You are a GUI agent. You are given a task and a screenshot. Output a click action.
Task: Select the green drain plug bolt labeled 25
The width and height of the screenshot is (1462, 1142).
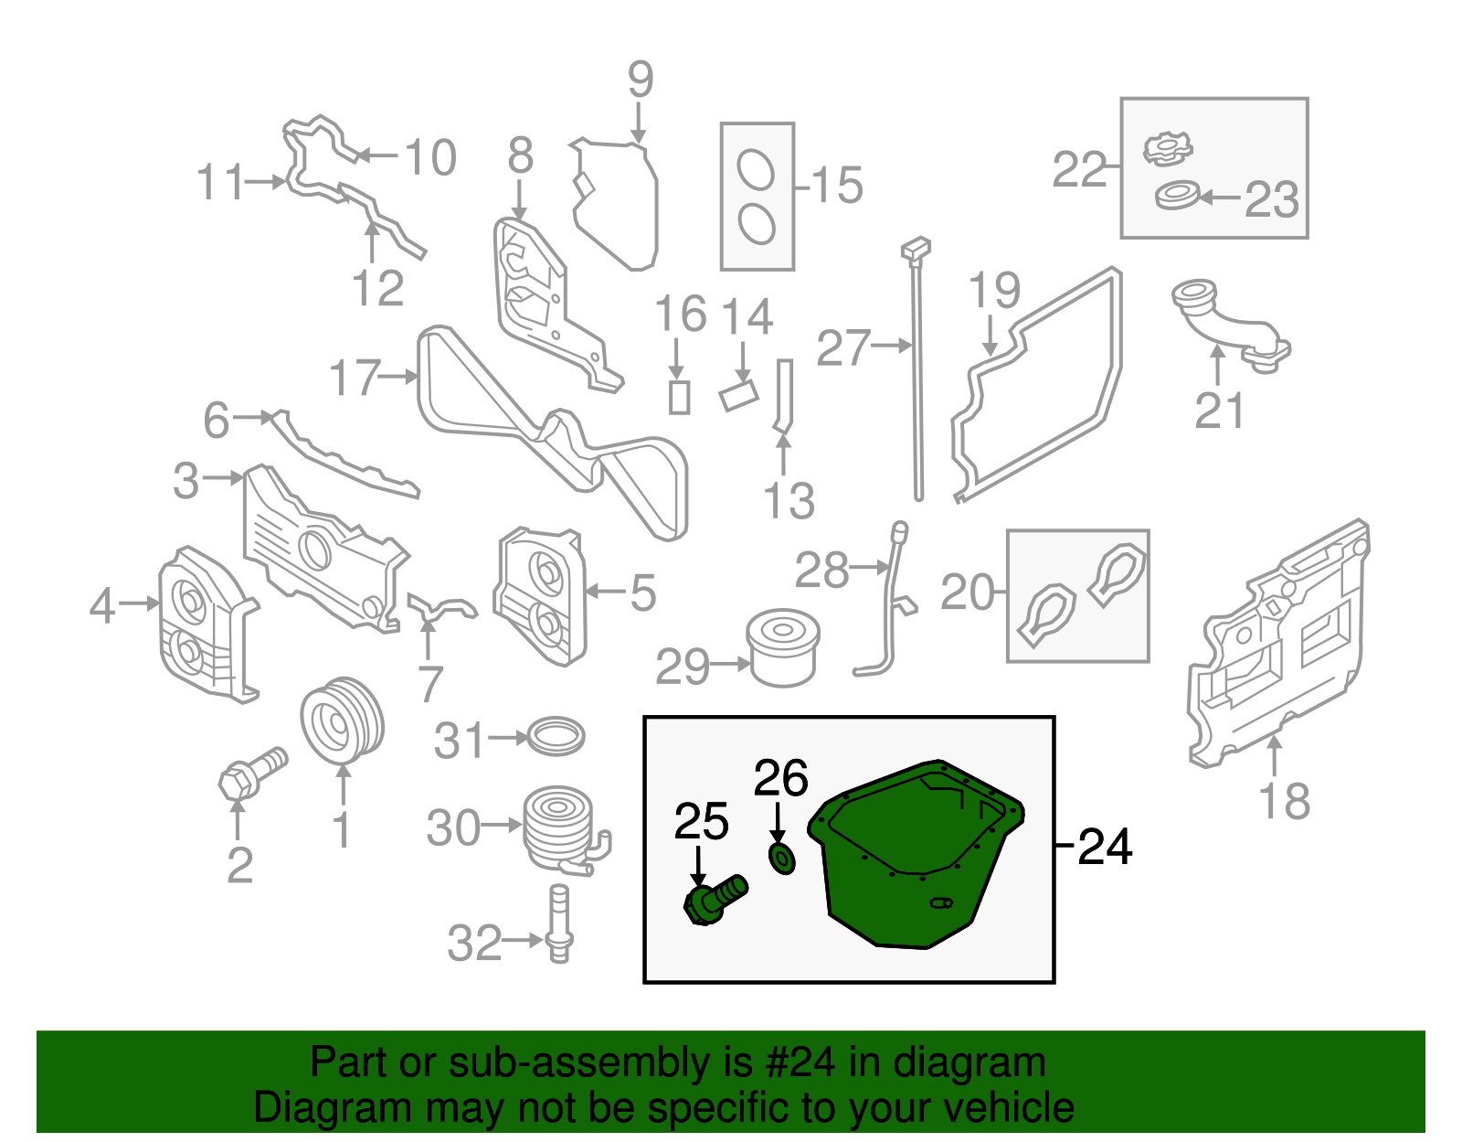(713, 901)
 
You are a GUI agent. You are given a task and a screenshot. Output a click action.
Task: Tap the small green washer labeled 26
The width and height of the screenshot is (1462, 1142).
(782, 859)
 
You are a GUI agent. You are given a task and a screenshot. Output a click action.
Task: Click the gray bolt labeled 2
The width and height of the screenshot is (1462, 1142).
(252, 774)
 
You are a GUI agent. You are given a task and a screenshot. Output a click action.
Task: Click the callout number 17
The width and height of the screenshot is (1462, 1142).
(355, 377)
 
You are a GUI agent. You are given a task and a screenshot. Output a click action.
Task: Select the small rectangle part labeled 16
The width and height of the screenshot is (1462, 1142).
(679, 397)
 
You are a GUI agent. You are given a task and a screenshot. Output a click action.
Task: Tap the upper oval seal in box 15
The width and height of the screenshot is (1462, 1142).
(756, 170)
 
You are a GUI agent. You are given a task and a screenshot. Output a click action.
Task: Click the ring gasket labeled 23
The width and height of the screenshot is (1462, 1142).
(1177, 195)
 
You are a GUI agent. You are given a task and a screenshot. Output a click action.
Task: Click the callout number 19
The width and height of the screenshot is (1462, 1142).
(994, 291)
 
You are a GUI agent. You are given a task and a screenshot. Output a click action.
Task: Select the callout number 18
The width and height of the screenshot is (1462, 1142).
(1284, 801)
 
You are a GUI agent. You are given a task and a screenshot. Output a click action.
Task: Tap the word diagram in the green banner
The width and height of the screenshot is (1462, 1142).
(969, 1063)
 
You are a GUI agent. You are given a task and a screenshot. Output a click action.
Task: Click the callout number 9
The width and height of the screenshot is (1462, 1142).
(641, 80)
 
